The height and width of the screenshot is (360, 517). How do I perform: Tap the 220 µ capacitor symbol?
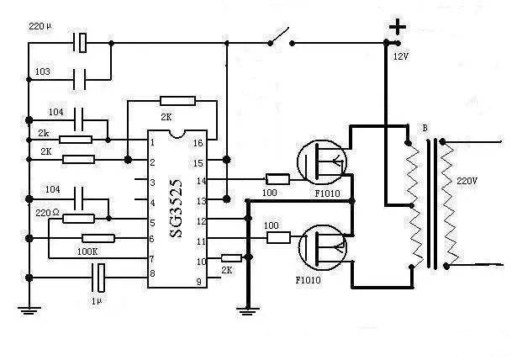[x=82, y=41]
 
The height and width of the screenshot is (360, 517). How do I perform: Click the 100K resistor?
[x=98, y=239]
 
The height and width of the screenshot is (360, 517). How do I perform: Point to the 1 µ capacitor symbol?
[x=99, y=274]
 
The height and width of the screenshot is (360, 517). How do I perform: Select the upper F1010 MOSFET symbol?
[x=322, y=161]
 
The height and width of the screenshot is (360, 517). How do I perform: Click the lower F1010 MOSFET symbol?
[x=322, y=244]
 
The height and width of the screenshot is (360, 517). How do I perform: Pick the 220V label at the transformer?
[x=466, y=181]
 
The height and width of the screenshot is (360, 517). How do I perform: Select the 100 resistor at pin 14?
[x=277, y=179]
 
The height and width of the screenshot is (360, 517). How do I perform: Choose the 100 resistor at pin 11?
[x=277, y=239]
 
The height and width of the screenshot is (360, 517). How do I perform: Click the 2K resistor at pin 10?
[x=230, y=258]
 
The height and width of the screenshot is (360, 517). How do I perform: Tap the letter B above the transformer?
[x=425, y=128]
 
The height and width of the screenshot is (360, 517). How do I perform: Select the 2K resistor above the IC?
[x=177, y=101]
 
